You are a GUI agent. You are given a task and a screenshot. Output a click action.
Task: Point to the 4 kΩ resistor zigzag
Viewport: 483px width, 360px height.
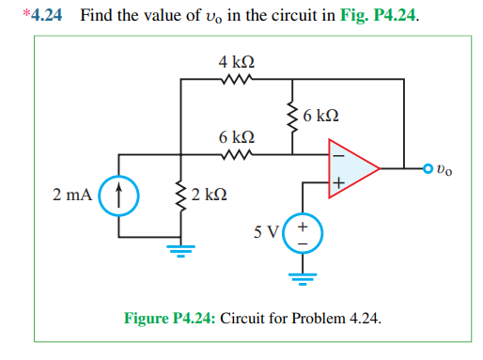click(x=236, y=80)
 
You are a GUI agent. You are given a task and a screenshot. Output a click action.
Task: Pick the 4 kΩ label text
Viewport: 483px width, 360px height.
click(x=236, y=62)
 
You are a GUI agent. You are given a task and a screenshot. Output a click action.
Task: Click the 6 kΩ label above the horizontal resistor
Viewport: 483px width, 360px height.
click(x=236, y=137)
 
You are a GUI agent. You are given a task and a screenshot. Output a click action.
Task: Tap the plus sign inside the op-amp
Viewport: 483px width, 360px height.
click(x=335, y=184)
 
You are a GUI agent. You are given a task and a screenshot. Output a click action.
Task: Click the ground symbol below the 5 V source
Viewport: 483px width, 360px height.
click(x=303, y=276)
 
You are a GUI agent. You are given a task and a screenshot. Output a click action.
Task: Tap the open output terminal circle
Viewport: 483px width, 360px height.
click(x=429, y=169)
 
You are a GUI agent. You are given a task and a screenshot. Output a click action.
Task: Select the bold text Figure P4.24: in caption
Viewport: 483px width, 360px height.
click(x=170, y=319)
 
